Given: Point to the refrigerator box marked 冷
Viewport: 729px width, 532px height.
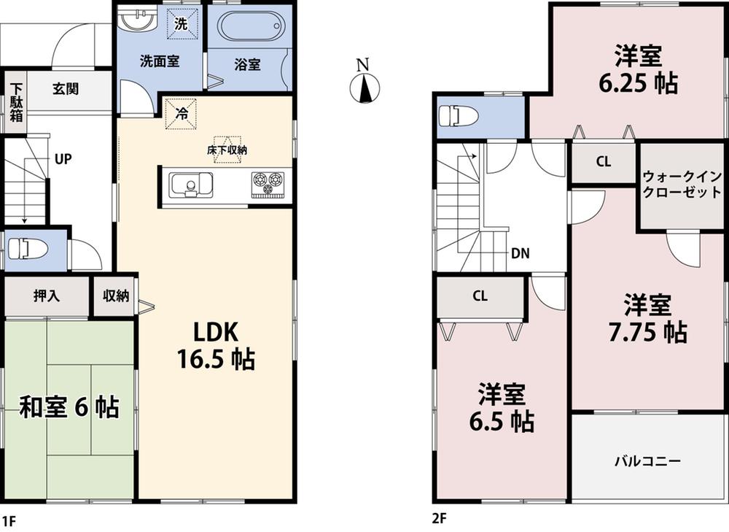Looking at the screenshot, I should coord(179,113).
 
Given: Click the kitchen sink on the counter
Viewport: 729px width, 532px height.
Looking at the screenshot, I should coord(190,185).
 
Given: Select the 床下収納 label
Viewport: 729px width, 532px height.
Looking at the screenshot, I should coord(227,150).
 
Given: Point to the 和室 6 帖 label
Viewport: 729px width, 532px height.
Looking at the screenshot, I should coord(69,407).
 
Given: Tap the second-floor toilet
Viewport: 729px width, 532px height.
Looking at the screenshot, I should coord(462,116).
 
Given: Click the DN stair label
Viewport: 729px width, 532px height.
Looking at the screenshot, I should coord(520,254).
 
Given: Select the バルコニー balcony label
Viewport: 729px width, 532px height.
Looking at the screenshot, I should coord(647,461).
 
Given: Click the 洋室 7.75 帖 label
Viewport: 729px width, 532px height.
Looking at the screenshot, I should coord(647,318).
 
